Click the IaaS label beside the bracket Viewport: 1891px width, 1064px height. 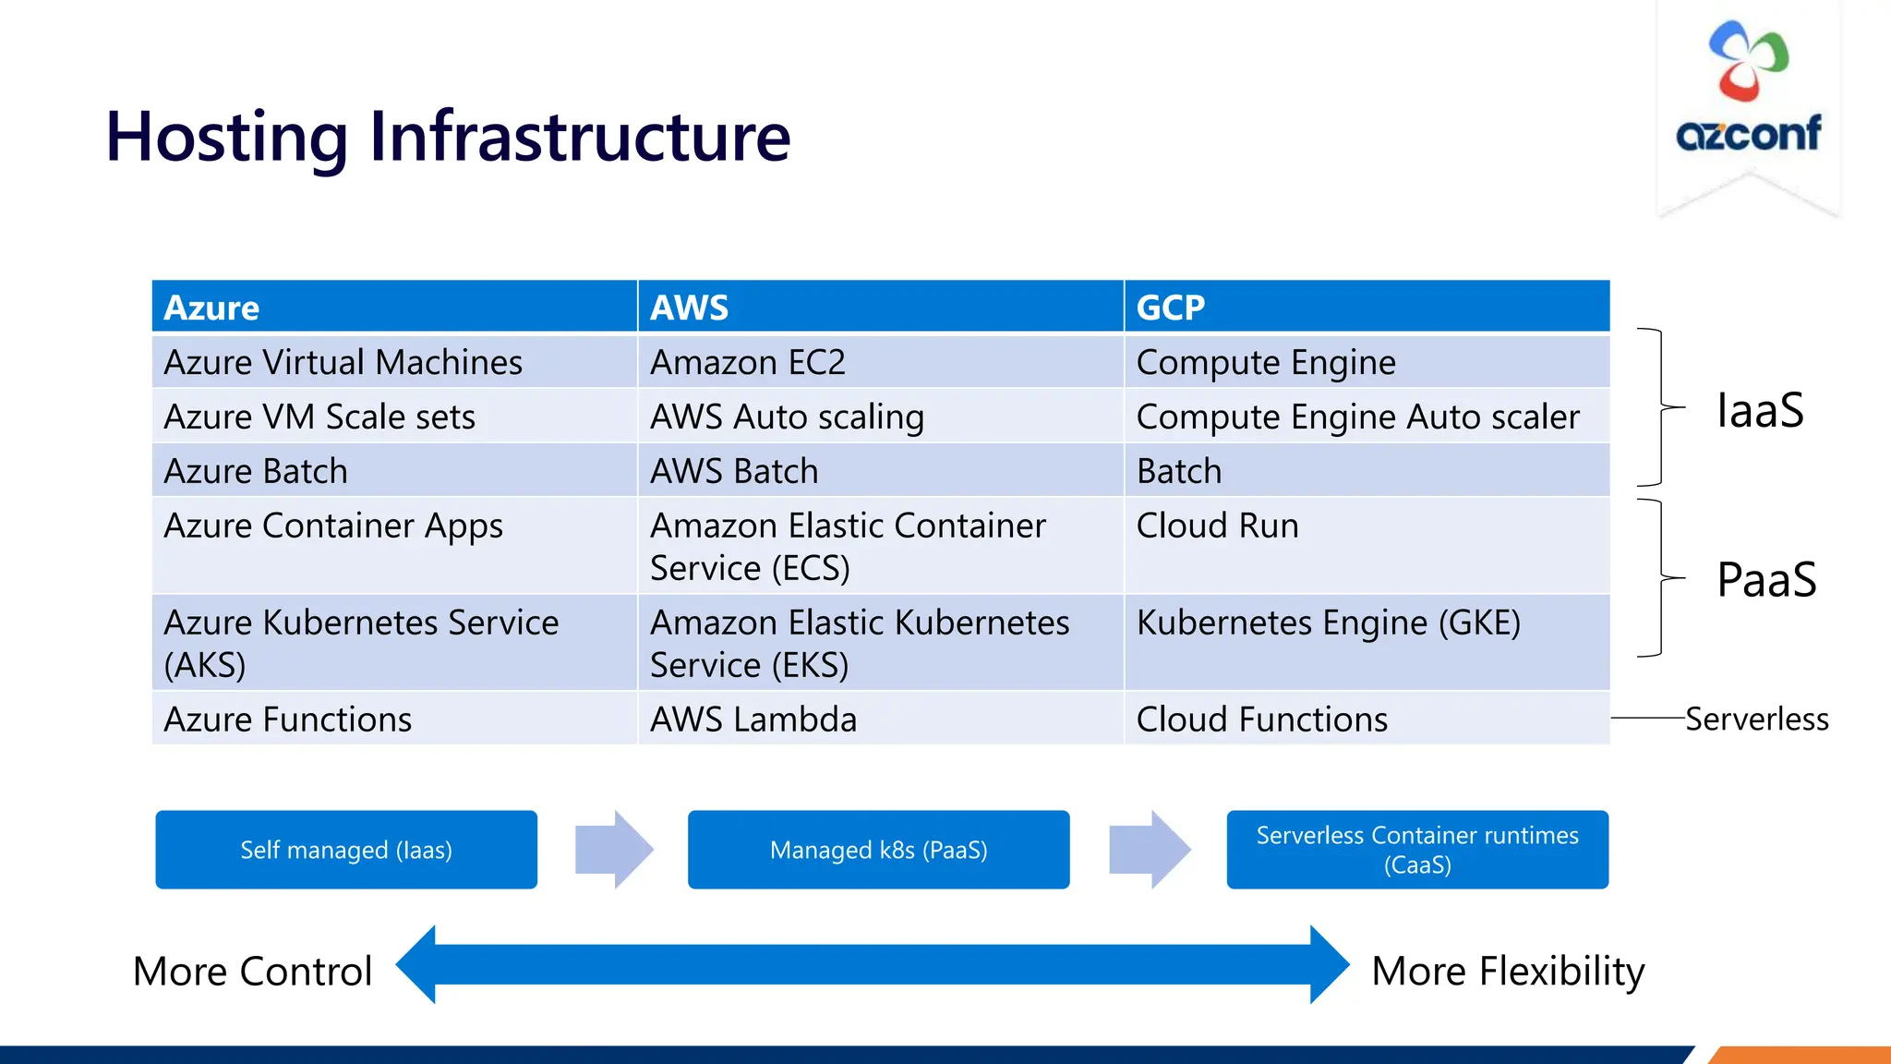click(1759, 410)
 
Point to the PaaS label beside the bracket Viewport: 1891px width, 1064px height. click(1765, 580)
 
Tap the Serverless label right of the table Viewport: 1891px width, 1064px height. click(1756, 719)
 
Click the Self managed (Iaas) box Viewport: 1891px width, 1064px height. click(346, 850)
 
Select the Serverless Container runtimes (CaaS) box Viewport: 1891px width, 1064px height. click(1417, 850)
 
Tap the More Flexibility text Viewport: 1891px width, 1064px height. click(1508, 972)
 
